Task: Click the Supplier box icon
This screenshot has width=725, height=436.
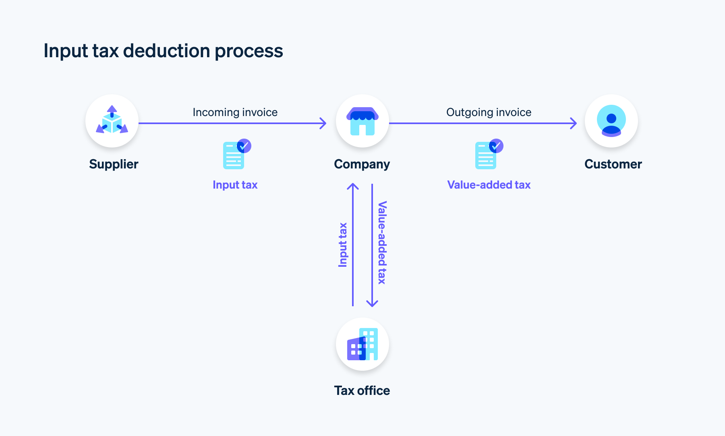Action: (x=112, y=120)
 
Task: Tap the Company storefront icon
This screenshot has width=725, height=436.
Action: (x=362, y=121)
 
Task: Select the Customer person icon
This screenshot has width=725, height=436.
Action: (x=611, y=121)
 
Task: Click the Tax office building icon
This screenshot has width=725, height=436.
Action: (x=362, y=344)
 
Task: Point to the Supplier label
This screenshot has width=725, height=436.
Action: (x=114, y=164)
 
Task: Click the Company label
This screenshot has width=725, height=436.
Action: (x=362, y=164)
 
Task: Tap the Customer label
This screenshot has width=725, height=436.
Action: (x=613, y=164)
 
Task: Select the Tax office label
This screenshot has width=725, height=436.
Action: (x=362, y=390)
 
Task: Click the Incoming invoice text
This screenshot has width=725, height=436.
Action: (x=235, y=112)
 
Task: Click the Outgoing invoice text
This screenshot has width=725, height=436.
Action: (x=489, y=112)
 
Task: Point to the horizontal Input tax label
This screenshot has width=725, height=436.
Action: (x=235, y=185)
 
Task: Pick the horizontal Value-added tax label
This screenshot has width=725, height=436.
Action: (x=489, y=185)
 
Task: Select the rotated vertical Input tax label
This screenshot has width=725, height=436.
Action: (x=343, y=245)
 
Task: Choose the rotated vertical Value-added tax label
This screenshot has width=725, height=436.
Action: (x=382, y=243)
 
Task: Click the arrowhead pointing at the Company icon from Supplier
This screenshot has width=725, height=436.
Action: (x=323, y=123)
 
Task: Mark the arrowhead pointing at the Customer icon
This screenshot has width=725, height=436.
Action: (x=574, y=123)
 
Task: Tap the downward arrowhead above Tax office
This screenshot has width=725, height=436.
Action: (x=372, y=303)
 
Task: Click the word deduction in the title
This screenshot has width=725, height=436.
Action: (x=166, y=51)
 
